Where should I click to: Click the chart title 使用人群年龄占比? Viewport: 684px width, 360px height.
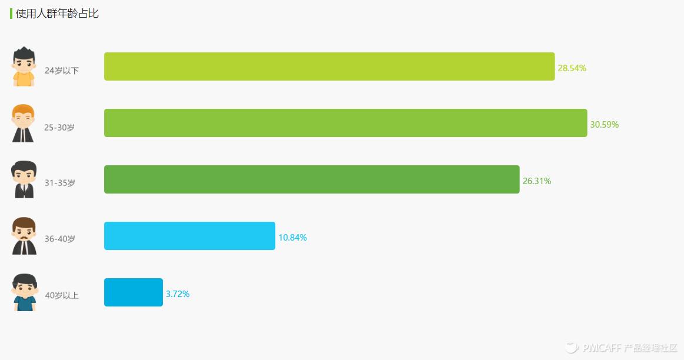click(57, 14)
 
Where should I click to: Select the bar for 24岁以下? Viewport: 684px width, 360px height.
click(329, 66)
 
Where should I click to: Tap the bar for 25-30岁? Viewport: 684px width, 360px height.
click(345, 123)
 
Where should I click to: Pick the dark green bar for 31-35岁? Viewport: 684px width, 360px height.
click(312, 179)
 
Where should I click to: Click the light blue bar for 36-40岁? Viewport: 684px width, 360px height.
click(189, 236)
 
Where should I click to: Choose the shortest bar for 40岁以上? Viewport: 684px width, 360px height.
click(134, 292)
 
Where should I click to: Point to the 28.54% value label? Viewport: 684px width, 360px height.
click(572, 68)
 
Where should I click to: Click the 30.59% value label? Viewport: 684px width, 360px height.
click(604, 125)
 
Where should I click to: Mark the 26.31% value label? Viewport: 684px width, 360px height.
click(536, 181)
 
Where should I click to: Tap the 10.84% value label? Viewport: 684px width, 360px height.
click(292, 238)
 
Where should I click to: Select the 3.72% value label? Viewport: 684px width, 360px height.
click(178, 294)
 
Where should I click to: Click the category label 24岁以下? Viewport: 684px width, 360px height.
click(62, 71)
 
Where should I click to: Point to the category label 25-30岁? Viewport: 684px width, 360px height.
click(59, 127)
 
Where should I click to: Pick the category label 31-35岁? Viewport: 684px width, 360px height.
click(60, 183)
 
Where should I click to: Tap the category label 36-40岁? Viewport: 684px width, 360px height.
click(60, 239)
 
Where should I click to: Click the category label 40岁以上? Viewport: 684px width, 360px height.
click(62, 296)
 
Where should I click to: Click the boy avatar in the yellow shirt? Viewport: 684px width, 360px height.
click(24, 66)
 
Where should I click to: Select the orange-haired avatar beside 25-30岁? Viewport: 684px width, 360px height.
click(24, 123)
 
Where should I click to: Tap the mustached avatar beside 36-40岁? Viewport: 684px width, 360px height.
click(24, 236)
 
